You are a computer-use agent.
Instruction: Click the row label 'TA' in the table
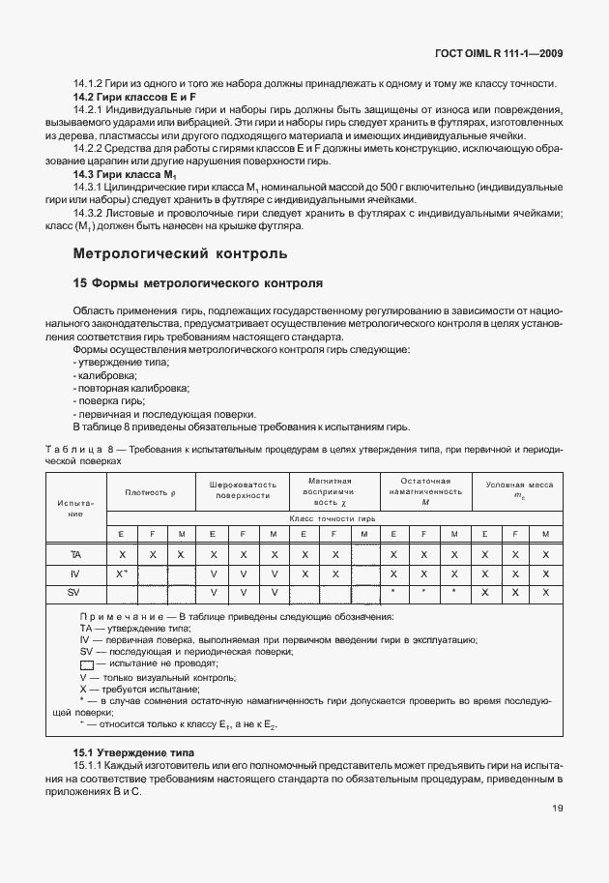pos(75,554)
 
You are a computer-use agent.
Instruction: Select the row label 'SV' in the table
pos(75,591)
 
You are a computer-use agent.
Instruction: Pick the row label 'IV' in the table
pos(75,573)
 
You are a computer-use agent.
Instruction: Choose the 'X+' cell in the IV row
pos(122,573)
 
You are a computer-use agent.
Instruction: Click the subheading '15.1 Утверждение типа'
pos(133,751)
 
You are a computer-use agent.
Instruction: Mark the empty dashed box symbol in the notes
pos(87,664)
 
